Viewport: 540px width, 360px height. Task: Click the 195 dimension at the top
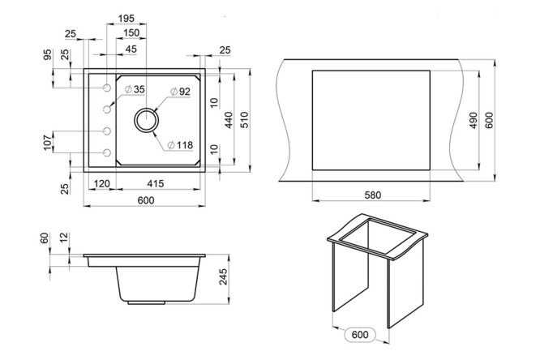126,19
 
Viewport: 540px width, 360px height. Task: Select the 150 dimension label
131,32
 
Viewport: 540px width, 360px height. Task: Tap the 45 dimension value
131,49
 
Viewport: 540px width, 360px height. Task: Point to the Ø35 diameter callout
135,89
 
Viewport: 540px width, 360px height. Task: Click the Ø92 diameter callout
180,92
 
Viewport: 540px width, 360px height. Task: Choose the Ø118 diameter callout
180,145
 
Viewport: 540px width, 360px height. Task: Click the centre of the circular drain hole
147,120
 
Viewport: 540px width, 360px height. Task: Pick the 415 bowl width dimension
156,183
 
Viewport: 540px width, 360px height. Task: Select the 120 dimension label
101,183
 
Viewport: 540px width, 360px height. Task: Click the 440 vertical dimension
229,120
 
